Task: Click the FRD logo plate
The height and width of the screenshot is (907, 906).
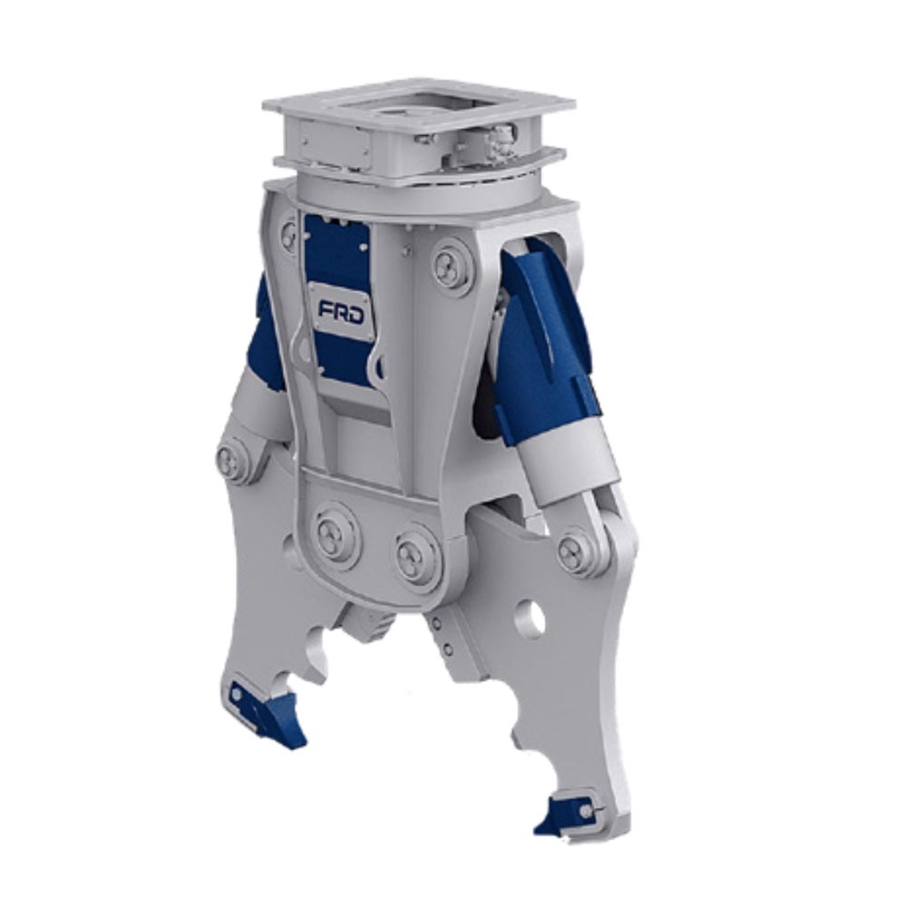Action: point(341,311)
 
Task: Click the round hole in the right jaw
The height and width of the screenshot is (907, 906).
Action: point(530,619)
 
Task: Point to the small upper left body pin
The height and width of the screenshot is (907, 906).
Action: point(289,236)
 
